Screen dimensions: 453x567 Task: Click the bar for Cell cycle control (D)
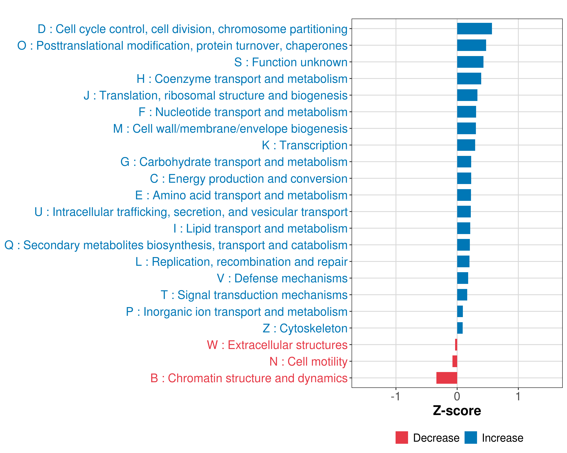(x=474, y=29)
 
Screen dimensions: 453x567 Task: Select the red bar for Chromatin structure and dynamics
(x=447, y=378)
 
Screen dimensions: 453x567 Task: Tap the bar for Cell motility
(x=455, y=361)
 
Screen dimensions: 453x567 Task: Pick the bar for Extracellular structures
(x=456, y=344)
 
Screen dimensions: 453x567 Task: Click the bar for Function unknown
(x=470, y=62)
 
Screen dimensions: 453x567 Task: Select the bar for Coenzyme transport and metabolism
(x=469, y=79)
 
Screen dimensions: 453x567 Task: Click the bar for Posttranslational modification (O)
(x=471, y=45)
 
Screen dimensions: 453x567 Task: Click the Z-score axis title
(x=457, y=411)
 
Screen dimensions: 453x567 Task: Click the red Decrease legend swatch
(x=402, y=438)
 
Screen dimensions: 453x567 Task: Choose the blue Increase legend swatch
(x=470, y=438)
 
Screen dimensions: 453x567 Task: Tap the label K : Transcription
(x=304, y=145)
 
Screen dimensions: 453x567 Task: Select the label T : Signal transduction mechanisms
(x=254, y=295)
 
